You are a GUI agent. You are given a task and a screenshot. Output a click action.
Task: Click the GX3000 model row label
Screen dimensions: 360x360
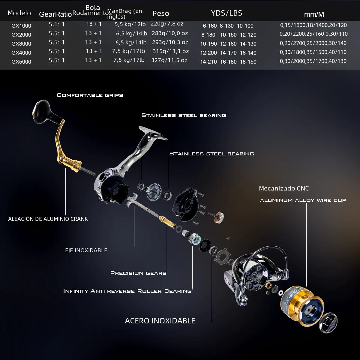click(x=21, y=44)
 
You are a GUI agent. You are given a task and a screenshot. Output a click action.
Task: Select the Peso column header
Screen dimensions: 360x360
click(x=160, y=13)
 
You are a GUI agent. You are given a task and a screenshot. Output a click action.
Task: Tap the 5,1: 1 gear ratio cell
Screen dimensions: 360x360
click(x=57, y=24)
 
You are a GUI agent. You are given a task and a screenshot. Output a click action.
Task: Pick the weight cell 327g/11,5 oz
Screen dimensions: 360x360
click(x=169, y=60)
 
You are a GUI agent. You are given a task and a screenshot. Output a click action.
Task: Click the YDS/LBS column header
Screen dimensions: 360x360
click(x=226, y=13)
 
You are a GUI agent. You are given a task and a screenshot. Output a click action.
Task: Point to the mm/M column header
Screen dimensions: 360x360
click(x=314, y=14)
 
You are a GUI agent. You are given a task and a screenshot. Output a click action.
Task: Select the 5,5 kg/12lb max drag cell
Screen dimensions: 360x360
click(x=130, y=24)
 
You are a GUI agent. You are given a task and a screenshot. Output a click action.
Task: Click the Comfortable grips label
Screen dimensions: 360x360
click(x=90, y=95)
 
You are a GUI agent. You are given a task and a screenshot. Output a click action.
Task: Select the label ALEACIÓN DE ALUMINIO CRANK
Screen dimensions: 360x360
click(x=48, y=219)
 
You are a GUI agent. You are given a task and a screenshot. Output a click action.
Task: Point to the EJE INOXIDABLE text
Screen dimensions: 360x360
click(x=86, y=250)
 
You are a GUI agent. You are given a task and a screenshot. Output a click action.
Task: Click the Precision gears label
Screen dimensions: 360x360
click(x=138, y=273)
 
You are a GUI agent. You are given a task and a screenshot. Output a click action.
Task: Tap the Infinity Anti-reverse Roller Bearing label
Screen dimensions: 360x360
click(x=127, y=291)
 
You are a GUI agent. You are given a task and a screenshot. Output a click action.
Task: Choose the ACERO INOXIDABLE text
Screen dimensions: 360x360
click(x=160, y=321)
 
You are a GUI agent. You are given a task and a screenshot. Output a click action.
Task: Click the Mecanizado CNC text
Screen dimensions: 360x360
click(x=283, y=188)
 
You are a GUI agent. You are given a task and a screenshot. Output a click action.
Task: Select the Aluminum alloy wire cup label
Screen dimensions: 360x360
click(x=303, y=200)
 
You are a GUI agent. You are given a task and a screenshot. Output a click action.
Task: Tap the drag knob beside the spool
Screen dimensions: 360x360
click(x=328, y=322)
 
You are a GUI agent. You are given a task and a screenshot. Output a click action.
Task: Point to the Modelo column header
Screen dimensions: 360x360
click(x=19, y=13)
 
